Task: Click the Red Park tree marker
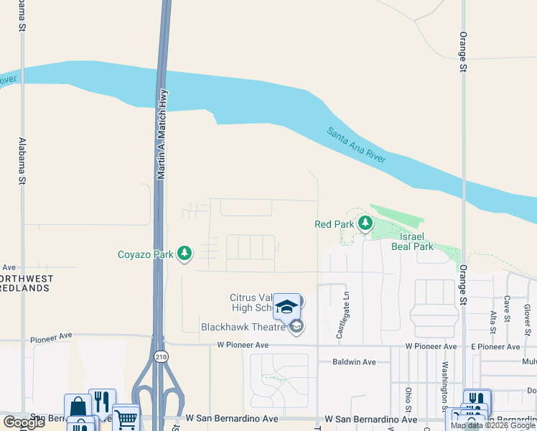point(365,224)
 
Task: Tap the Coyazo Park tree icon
point(185,254)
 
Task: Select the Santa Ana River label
point(357,145)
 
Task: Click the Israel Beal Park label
point(412,241)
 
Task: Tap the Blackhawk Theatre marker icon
point(296,328)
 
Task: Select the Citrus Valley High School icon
point(286,306)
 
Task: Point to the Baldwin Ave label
point(355,362)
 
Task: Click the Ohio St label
point(408,397)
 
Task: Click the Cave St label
point(507,308)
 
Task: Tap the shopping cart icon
point(126,417)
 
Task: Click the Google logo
point(24,422)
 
